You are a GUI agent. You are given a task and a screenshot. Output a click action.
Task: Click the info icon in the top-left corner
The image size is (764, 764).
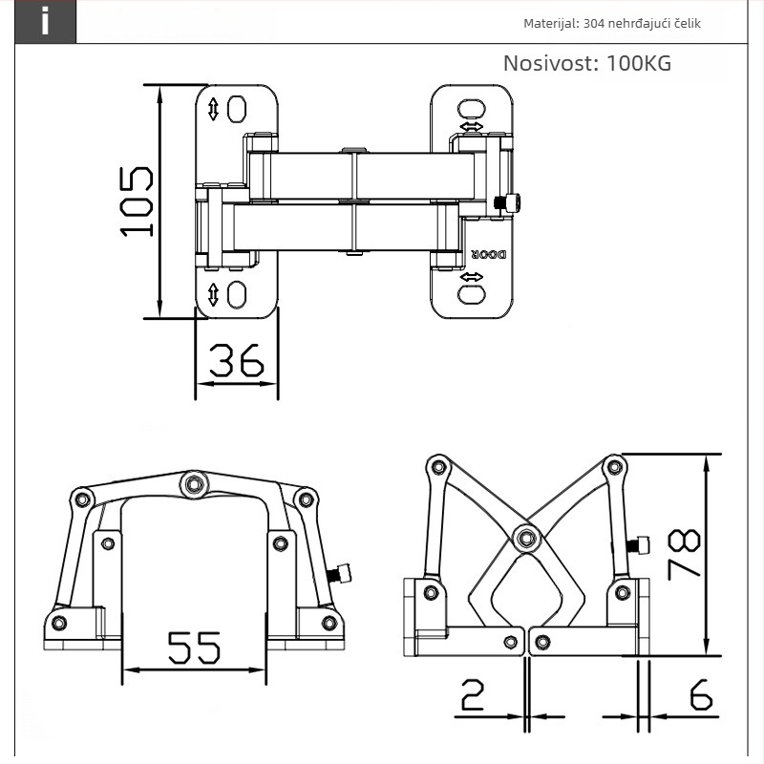(45, 21)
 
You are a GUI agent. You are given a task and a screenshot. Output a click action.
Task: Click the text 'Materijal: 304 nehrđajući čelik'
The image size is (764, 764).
(612, 23)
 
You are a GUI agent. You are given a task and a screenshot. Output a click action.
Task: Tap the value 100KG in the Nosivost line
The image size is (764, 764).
(639, 63)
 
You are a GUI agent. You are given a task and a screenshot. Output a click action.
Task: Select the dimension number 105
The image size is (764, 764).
(137, 202)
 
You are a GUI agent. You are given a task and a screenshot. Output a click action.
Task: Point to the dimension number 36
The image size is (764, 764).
(237, 361)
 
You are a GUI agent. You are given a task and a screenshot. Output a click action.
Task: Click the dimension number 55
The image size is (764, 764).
(194, 647)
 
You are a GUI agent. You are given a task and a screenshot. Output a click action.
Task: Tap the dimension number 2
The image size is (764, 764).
(473, 695)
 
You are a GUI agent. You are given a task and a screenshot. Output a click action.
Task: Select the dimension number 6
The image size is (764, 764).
(701, 694)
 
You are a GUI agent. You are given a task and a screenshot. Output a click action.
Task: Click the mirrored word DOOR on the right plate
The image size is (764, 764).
(489, 254)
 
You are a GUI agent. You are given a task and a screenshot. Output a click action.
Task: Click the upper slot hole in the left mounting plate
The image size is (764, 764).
(237, 109)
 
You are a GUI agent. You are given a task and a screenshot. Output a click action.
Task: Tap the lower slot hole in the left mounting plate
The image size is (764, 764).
(237, 295)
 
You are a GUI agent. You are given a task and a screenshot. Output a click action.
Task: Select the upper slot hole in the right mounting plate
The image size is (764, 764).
(471, 109)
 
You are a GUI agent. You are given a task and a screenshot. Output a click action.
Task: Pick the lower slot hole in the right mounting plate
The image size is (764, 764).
(471, 295)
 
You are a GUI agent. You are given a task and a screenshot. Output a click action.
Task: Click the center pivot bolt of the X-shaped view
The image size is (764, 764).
(526, 539)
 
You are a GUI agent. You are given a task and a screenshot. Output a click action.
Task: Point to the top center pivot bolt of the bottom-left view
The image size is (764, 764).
(195, 484)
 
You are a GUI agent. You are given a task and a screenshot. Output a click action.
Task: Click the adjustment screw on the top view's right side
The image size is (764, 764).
(508, 202)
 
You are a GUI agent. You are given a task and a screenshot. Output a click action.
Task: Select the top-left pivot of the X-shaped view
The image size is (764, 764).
(438, 467)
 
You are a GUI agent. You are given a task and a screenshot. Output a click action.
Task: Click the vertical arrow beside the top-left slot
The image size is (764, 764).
(213, 109)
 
